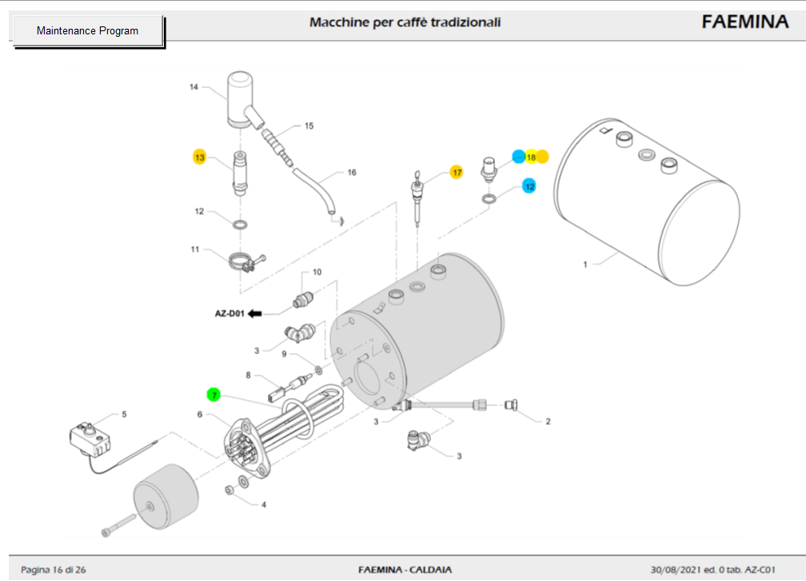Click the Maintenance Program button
pos(87,31)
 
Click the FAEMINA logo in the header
pos(744,22)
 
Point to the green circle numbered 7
pos(213,394)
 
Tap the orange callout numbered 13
pos(200,157)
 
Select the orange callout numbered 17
pos(457,172)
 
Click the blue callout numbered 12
pos(529,185)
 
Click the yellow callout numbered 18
pos(530,157)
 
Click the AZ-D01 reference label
pos(228,313)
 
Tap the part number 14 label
pos(193,87)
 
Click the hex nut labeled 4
pos(229,488)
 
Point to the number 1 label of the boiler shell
pos(585,264)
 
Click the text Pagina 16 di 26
pos(54,570)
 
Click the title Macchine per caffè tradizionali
pos(405,22)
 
